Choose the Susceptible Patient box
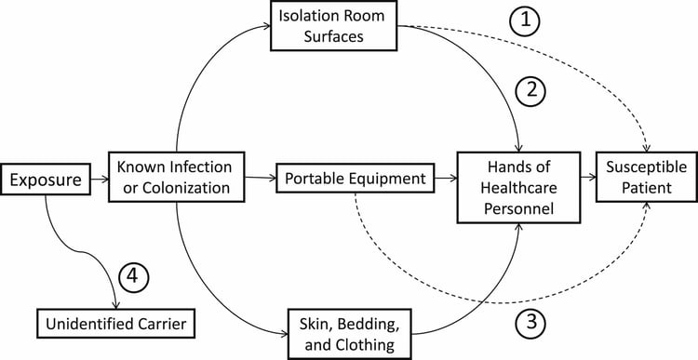(645, 177)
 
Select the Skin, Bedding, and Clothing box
(348, 331)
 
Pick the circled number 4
(133, 276)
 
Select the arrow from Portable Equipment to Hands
(443, 177)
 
